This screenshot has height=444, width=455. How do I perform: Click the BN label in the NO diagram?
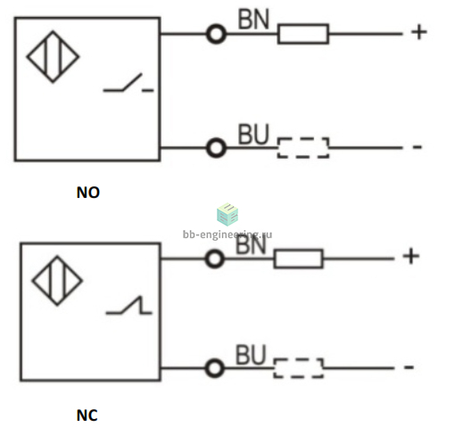click(253, 19)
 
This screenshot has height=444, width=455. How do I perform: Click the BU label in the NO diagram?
click(253, 134)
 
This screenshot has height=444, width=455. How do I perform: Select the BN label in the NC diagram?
click(251, 245)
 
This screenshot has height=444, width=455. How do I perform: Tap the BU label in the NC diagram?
click(251, 355)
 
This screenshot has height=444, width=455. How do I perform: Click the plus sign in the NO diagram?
click(419, 32)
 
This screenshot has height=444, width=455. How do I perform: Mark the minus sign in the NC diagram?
click(409, 367)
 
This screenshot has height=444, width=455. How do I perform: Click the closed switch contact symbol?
click(128, 305)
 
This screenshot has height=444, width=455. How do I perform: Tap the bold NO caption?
click(88, 193)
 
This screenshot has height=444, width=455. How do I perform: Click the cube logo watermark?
click(227, 214)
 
